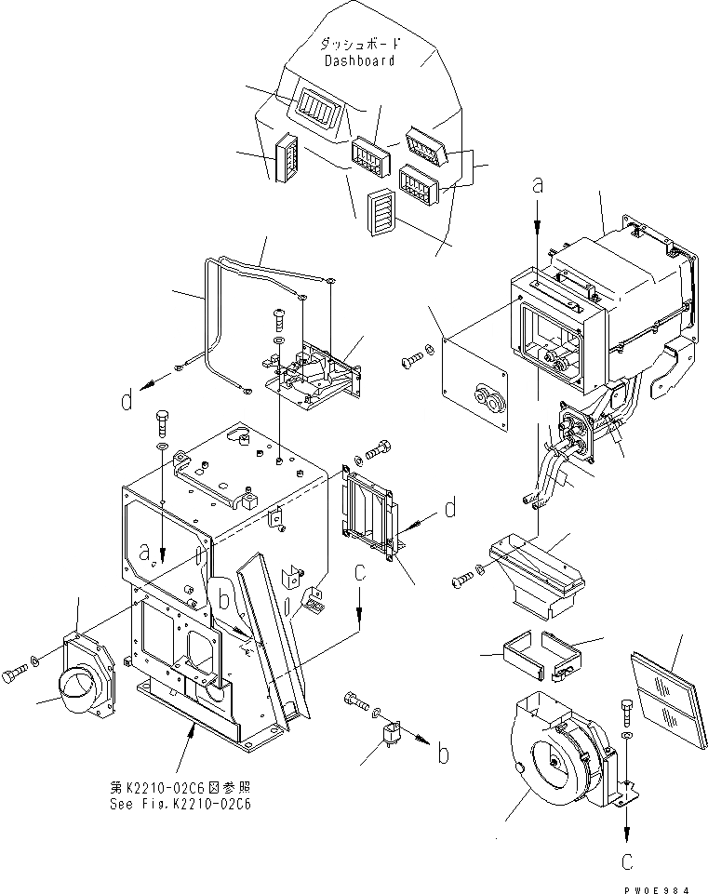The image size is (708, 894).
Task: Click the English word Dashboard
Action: (359, 60)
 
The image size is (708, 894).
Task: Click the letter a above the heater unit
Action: (537, 187)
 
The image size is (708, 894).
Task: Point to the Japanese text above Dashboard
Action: (359, 43)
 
